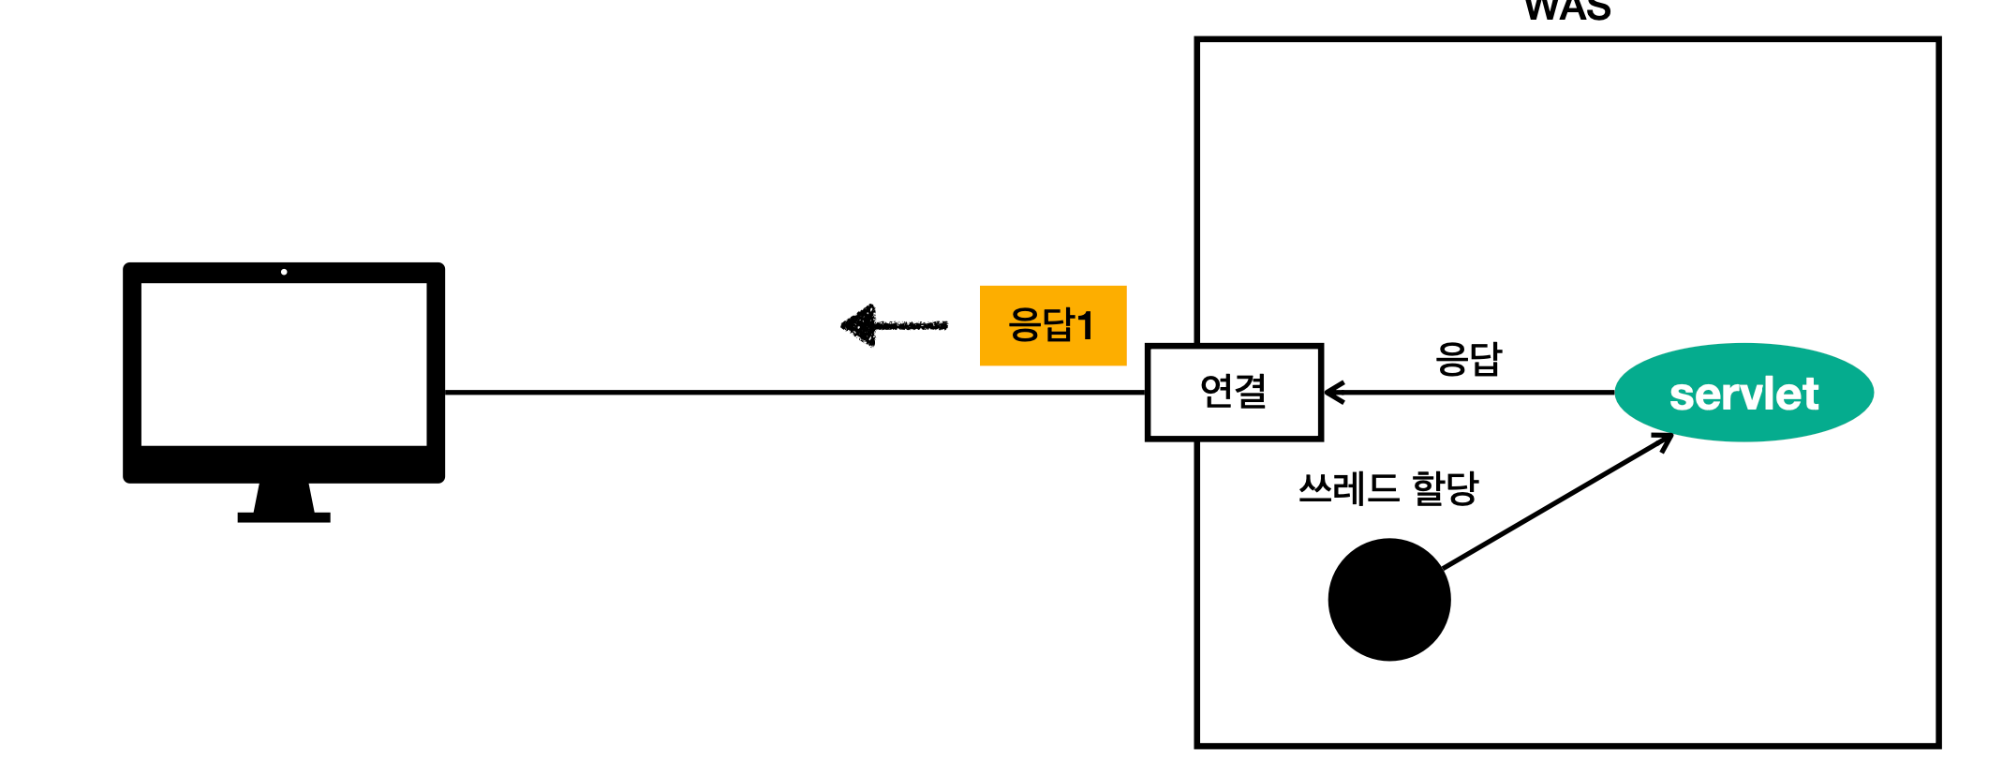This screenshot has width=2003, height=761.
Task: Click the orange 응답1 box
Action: pyautogui.click(x=1052, y=325)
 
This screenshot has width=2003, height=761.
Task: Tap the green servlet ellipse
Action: pyautogui.click(x=1743, y=393)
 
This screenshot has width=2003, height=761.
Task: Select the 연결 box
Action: pyautogui.click(x=1234, y=392)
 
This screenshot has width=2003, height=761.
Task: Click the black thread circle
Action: pyautogui.click(x=1388, y=599)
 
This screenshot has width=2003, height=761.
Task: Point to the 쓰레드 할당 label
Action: pyautogui.click(x=1387, y=488)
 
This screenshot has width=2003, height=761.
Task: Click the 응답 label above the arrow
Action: pyautogui.click(x=1468, y=359)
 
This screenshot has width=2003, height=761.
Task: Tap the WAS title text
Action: pyautogui.click(x=1567, y=9)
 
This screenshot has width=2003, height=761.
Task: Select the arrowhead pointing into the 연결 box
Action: pyautogui.click(x=1334, y=393)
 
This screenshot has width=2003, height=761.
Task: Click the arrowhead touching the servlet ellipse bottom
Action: pyautogui.click(x=1664, y=441)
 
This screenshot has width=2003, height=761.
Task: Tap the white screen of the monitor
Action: pyautogui.click(x=284, y=364)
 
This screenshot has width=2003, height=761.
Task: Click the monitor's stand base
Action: pyautogui.click(x=284, y=516)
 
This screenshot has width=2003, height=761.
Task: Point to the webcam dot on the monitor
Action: pyautogui.click(x=284, y=272)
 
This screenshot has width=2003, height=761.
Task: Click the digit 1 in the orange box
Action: pyautogui.click(x=1085, y=326)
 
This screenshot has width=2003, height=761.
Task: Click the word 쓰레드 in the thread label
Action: pyautogui.click(x=1348, y=488)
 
